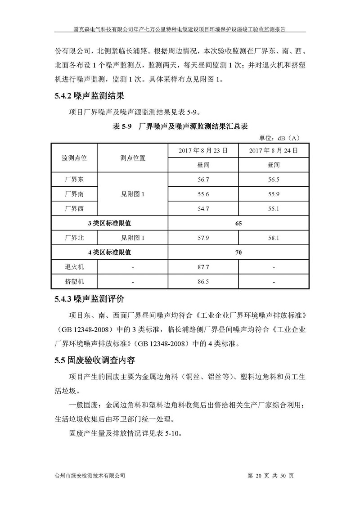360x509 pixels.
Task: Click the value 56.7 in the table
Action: click(x=202, y=179)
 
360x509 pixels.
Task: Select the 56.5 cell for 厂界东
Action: click(x=274, y=179)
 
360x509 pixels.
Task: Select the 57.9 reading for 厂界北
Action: click(x=202, y=237)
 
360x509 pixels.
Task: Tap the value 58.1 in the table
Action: click(x=274, y=237)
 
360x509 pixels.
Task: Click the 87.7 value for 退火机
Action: click(x=202, y=267)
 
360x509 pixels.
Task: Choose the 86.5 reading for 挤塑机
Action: click(x=202, y=282)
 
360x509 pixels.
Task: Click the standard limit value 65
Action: click(x=238, y=223)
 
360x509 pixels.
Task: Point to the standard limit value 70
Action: click(x=238, y=252)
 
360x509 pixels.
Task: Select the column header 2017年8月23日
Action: click(x=202, y=150)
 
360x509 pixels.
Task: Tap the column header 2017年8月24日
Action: click(x=274, y=150)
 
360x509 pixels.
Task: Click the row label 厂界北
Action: click(x=74, y=237)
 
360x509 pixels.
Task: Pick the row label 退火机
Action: click(x=74, y=267)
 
